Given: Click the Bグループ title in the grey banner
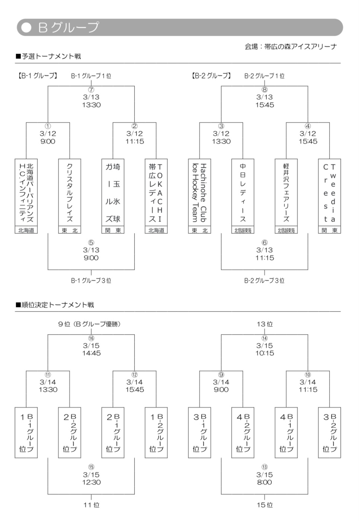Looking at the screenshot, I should pos(69,27).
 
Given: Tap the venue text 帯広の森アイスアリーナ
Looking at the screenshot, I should pos(290,47).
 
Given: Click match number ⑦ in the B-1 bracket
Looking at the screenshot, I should pos(91,90).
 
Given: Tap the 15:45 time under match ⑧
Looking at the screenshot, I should pos(265,105).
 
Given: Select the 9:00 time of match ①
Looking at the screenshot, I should pos(48,141).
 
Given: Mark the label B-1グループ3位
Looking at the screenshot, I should pos(91,281).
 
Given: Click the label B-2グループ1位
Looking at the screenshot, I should pos(264,76).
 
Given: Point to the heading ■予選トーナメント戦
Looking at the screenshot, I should pos(48,57).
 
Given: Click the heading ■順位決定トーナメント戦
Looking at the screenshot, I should pos(55,305).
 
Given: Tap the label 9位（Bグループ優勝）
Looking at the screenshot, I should pos(89,324).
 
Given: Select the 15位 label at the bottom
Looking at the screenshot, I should pos(265,505).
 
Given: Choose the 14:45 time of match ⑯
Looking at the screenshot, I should pos(91,353).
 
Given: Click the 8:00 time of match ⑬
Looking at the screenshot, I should pos(265,482).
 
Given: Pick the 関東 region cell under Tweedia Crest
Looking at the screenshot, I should pos(329,230).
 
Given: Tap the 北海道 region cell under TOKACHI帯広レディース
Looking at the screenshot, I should pos(156,230).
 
